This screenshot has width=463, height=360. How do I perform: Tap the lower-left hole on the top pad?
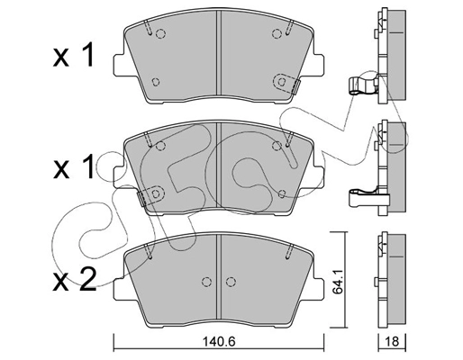(x=157, y=81)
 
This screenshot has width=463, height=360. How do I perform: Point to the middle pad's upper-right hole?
(x=277, y=148)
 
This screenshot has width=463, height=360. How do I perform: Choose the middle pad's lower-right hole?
(x=281, y=193)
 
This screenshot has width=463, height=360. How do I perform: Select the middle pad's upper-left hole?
(x=161, y=148)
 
